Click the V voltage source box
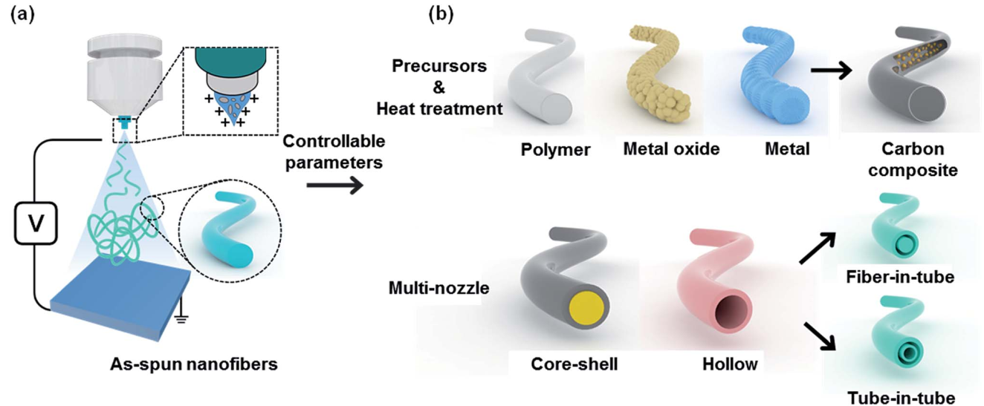[x=36, y=223]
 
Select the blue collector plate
[x=120, y=299]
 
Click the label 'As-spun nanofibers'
[x=194, y=364]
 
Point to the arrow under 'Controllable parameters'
[x=334, y=186]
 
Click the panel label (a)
[x=22, y=15]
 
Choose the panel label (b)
[x=441, y=15]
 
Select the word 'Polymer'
[x=555, y=150]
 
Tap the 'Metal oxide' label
[x=671, y=148]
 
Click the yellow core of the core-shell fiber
[x=586, y=309]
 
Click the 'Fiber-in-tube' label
[x=900, y=277]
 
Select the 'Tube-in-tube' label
[x=901, y=398]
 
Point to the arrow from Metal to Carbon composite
[x=831, y=71]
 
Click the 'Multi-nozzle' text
[x=438, y=288]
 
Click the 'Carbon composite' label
[x=913, y=160]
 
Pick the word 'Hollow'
[x=730, y=364]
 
